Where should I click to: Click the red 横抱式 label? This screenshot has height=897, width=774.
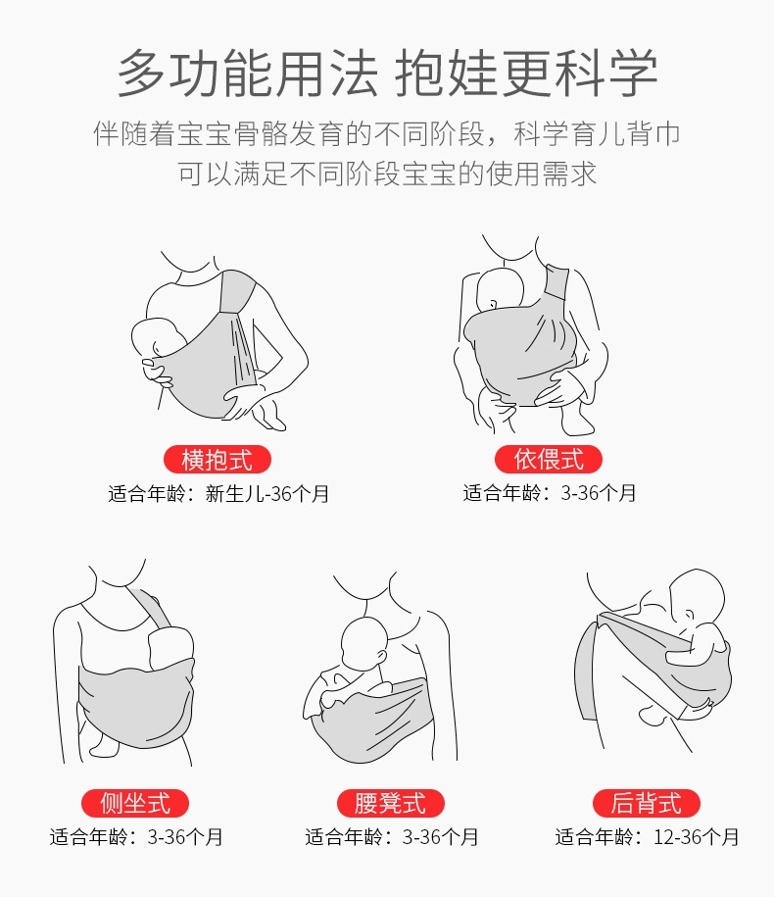218,460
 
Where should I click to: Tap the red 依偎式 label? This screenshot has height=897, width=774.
549,459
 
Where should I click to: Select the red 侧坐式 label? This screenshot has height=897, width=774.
135,803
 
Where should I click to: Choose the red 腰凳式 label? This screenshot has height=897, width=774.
391,803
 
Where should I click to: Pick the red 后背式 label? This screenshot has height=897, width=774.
646,803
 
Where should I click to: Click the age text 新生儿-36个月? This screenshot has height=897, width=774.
266,494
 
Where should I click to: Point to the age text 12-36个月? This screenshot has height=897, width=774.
696,837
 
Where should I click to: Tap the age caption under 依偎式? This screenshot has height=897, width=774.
550,493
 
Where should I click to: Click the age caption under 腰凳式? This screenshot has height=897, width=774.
391,837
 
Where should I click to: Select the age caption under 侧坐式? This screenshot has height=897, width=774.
136,837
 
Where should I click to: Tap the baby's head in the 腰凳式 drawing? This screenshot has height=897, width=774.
364,642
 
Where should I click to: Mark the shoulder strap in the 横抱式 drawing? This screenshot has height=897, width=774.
237,293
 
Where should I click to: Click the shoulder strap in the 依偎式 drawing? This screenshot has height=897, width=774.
556,286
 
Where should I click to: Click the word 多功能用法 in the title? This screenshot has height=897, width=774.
248,74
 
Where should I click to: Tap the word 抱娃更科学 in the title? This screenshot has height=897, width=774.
526,74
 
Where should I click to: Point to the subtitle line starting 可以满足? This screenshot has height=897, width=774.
387,174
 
